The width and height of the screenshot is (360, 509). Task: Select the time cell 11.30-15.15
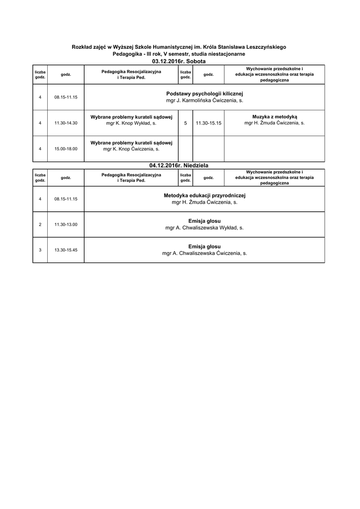pos(208,123)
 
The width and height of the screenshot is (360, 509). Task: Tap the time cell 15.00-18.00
pos(66,149)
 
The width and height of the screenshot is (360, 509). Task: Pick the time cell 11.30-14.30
pos(66,123)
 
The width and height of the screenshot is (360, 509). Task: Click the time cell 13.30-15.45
pos(66,250)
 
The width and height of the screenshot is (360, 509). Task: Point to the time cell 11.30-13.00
pos(66,224)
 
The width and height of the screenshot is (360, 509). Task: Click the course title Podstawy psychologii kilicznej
pos(204,93)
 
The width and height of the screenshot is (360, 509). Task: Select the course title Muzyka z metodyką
pos(274,116)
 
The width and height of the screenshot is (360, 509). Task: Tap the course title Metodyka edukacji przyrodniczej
pos(204,195)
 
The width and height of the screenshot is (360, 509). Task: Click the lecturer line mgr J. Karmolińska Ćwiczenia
pos(204,100)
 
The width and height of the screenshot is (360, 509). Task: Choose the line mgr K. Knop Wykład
pos(131,123)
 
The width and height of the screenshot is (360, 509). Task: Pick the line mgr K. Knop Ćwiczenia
pos(131,149)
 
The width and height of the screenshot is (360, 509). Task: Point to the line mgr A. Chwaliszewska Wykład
pos(204,228)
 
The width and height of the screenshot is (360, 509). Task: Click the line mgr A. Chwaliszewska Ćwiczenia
pos(204,253)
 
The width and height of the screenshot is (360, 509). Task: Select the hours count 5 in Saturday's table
pos(185,123)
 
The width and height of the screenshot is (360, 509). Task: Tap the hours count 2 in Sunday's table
pos(40,224)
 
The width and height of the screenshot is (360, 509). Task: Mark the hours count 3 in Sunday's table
pos(40,250)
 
